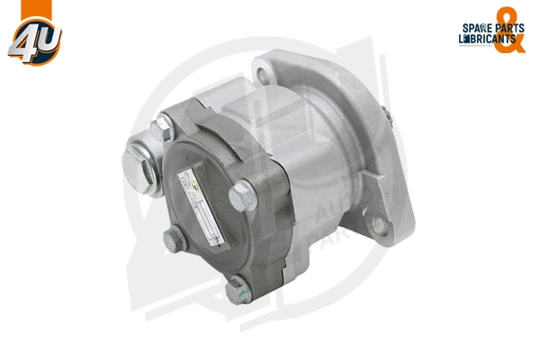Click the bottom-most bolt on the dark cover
[x=237, y=290]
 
